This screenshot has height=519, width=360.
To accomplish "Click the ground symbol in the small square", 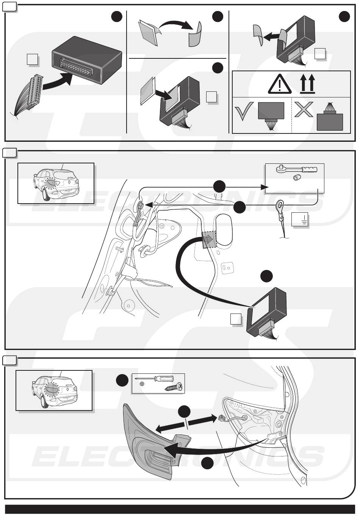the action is click(300, 220).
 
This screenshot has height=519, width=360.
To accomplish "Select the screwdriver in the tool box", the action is click(156, 380).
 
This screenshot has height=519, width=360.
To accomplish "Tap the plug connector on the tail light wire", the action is click(221, 418).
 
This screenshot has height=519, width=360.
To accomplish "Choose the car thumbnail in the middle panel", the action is click(56, 183).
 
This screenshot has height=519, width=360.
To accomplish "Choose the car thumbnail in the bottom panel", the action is click(54, 390).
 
